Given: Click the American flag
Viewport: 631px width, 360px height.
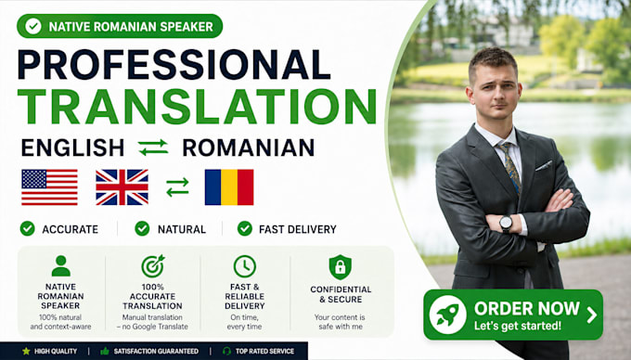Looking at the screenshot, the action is pyautogui.click(x=49, y=187).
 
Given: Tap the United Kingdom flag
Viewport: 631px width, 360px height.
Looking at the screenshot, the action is pyautogui.click(x=122, y=187).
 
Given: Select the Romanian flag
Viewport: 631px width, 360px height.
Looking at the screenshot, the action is pyautogui.click(x=229, y=187).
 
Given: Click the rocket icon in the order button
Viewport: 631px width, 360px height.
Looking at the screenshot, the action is pyautogui.click(x=448, y=315).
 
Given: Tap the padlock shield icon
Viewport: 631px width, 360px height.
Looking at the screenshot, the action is pyautogui.click(x=340, y=267).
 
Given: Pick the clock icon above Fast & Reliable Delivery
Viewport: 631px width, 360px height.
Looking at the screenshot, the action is pyautogui.click(x=245, y=266).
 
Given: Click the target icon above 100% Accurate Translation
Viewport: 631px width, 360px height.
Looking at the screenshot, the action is pyautogui.click(x=153, y=266).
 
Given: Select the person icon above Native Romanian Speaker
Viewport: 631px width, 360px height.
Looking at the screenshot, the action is pyautogui.click(x=60, y=266).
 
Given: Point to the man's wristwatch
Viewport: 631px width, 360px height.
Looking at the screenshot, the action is pyautogui.click(x=506, y=224).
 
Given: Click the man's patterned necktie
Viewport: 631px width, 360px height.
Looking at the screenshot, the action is pyautogui.click(x=510, y=166).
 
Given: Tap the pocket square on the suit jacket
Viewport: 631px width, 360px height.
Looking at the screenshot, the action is pyautogui.click(x=544, y=165).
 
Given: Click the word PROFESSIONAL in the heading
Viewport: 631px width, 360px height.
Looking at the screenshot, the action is pyautogui.click(x=174, y=65).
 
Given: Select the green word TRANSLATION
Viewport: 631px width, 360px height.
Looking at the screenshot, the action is pyautogui.click(x=197, y=106).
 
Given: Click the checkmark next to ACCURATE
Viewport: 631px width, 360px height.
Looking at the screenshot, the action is pyautogui.click(x=27, y=228).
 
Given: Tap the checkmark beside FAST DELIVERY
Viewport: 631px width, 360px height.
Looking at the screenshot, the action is pyautogui.click(x=245, y=228).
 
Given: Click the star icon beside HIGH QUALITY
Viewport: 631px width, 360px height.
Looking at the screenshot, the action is pyautogui.click(x=26, y=351).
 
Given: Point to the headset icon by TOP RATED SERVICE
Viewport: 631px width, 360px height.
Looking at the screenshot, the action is pyautogui.click(x=226, y=351).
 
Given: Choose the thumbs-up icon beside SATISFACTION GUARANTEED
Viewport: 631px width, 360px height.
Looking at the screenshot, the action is pyautogui.click(x=105, y=351).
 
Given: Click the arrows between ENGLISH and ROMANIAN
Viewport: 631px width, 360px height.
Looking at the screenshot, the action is pyautogui.click(x=153, y=148).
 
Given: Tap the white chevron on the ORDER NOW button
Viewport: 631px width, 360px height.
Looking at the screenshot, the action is pyautogui.click(x=592, y=315).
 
